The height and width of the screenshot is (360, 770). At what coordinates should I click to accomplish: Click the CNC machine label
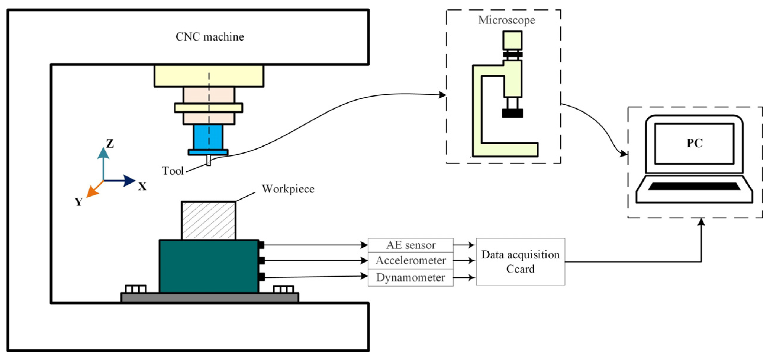click(x=210, y=37)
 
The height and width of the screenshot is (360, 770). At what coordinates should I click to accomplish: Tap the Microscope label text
click(x=506, y=20)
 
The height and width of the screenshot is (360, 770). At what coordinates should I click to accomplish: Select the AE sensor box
click(x=410, y=245)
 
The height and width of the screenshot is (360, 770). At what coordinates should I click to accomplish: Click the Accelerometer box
click(x=410, y=261)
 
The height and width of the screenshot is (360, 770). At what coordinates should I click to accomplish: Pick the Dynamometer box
click(x=410, y=277)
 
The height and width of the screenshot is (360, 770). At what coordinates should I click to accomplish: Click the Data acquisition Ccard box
click(x=520, y=262)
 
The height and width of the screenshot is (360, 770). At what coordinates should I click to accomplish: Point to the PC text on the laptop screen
click(x=694, y=143)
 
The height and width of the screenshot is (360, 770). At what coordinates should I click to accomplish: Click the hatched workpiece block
click(x=208, y=220)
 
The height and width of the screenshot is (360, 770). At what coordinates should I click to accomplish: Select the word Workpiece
click(x=288, y=189)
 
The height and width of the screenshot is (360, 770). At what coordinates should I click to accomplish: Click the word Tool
click(x=173, y=171)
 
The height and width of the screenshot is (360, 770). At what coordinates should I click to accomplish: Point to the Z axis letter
click(x=110, y=144)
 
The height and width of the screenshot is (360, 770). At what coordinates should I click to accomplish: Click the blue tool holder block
click(x=208, y=137)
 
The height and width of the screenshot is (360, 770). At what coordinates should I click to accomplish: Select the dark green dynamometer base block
click(x=209, y=266)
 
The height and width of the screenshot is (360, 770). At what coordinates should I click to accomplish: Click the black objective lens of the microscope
click(x=512, y=113)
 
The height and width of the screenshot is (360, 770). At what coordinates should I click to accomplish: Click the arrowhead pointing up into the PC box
click(x=701, y=222)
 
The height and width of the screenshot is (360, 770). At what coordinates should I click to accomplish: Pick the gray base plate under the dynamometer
click(x=210, y=298)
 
